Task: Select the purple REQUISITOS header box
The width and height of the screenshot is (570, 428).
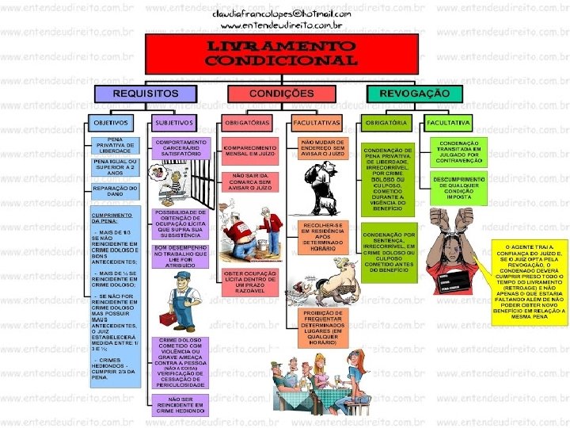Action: click(x=145, y=94)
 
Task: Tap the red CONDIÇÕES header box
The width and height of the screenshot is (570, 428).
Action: click(x=281, y=94)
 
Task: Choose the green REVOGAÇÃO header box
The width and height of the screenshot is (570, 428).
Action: click(x=416, y=94)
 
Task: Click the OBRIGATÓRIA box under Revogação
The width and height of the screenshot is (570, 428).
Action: click(x=386, y=124)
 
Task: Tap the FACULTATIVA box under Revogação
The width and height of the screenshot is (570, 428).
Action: click(x=449, y=124)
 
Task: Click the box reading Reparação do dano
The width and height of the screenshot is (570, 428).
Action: click(x=114, y=191)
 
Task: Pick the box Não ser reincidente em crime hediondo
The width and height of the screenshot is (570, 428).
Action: click(x=180, y=403)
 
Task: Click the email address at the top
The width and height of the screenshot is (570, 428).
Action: click(x=281, y=14)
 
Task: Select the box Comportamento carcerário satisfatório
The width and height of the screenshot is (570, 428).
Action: click(x=180, y=149)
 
